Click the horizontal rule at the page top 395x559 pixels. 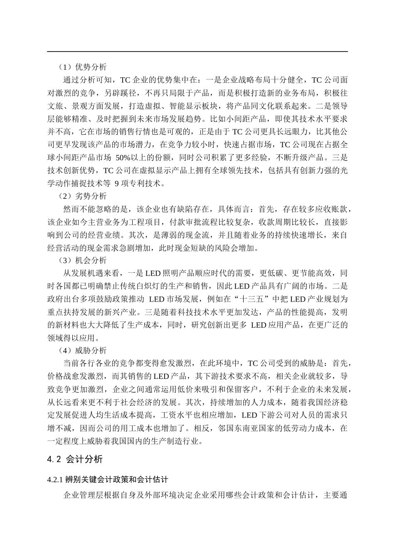click(197, 52)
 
